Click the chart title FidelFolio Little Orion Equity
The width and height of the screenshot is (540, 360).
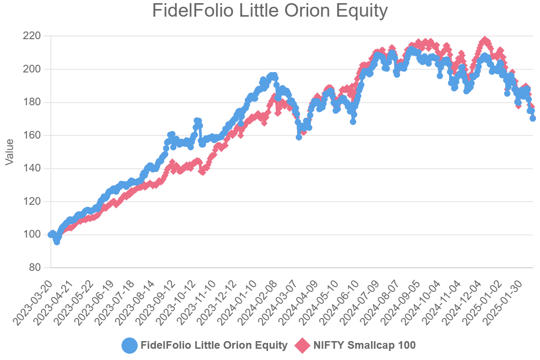(270, 11)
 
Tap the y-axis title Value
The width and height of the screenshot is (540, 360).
(9, 152)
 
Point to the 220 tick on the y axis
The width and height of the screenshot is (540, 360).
(32, 36)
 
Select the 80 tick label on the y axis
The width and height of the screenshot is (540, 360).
(35, 268)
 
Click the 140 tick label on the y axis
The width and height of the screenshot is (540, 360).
(32, 168)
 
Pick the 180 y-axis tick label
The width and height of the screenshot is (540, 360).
(32, 102)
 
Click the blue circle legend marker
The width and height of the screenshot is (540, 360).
(129, 346)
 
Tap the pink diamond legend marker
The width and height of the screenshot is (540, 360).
(302, 346)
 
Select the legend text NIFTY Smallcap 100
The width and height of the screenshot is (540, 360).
(364, 346)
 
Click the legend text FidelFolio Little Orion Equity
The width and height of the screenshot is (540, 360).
(214, 346)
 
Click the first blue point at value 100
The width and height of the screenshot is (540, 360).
(51, 234)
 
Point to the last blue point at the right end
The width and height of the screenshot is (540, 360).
(533, 118)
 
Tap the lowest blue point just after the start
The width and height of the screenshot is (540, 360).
(57, 242)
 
